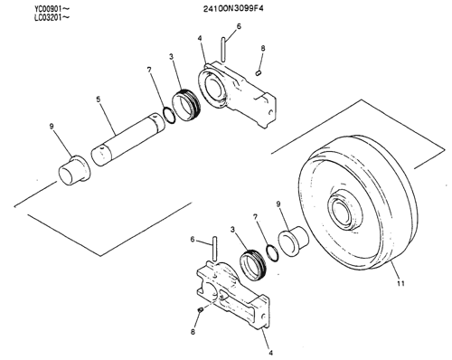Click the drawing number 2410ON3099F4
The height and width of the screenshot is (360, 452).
[x=233, y=8]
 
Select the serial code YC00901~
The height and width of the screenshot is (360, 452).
[x=52, y=9]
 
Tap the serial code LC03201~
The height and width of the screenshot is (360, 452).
[x=52, y=17]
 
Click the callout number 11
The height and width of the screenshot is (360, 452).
[x=400, y=283]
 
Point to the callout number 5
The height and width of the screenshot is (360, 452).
[x=99, y=99]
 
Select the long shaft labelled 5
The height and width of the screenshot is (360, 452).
[x=127, y=138]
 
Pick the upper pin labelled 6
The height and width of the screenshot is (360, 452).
[x=223, y=50]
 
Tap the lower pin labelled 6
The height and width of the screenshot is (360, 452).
[x=214, y=249]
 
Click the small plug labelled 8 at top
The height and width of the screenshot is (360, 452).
[x=259, y=72]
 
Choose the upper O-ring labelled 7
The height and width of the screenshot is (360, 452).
[x=168, y=115]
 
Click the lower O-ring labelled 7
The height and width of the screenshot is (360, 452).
[x=272, y=253]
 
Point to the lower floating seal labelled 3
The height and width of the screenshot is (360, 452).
[x=253, y=265]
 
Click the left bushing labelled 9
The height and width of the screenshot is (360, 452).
[x=74, y=170]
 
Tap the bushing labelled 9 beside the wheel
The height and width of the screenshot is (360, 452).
[x=293, y=241]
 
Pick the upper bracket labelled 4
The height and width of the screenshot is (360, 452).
[x=238, y=93]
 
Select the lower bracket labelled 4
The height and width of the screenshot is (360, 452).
[x=233, y=296]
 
